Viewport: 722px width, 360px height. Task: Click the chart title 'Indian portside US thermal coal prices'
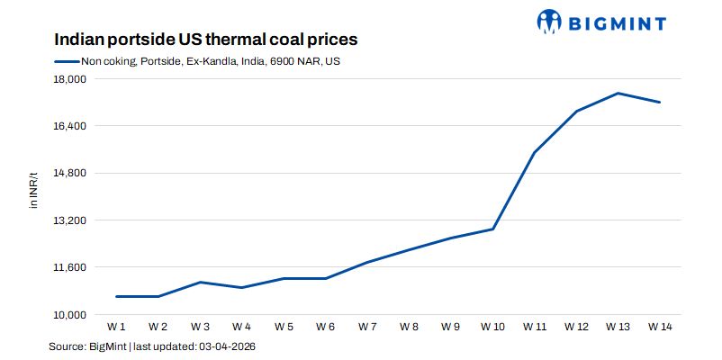coord(206,40)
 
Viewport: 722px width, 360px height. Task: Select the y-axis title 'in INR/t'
coord(34,190)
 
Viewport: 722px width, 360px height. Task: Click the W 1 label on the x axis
coord(116,326)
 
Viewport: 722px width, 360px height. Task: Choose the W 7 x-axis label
coord(367,326)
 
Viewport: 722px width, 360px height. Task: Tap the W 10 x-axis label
coord(492,326)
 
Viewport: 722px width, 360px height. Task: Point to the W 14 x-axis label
coord(660,326)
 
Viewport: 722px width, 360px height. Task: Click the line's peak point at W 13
coord(618,94)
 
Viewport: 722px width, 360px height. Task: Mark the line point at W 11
coord(535,152)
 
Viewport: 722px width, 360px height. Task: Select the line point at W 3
coord(200,283)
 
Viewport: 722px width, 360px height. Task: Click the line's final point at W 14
coord(660,103)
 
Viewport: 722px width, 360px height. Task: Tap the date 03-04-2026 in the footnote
coord(233,346)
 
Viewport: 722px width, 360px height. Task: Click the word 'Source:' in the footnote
coord(67,346)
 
